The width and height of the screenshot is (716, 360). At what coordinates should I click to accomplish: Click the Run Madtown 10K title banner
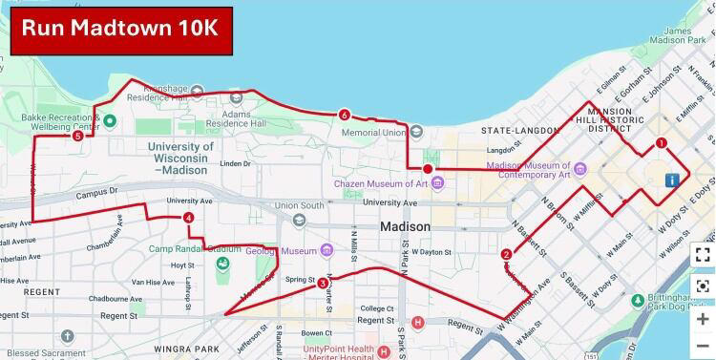pos(121,28)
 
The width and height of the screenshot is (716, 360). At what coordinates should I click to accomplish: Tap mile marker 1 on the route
pos(661,144)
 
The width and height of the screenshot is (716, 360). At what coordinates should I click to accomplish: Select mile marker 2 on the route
pos(505,254)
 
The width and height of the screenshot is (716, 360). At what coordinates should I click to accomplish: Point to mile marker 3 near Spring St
pos(323,283)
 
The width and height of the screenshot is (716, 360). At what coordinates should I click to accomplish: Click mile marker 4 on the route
pos(189,219)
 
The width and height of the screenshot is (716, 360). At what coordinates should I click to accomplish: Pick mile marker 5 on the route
pos(77,136)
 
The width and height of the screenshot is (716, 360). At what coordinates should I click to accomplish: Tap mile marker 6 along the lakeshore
pos(344,116)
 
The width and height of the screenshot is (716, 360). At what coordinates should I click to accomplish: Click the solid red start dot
pos(428,169)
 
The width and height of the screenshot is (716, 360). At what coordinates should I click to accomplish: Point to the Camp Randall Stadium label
pos(194,249)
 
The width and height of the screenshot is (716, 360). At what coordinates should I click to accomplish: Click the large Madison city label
pos(405,226)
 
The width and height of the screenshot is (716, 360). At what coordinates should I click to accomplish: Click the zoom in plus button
pos(703,318)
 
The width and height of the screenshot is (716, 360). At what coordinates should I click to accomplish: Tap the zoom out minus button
pos(703,346)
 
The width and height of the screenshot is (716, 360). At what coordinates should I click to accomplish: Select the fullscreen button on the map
pos(703,254)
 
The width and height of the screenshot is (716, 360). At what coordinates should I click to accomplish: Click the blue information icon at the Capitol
pos(673,180)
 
